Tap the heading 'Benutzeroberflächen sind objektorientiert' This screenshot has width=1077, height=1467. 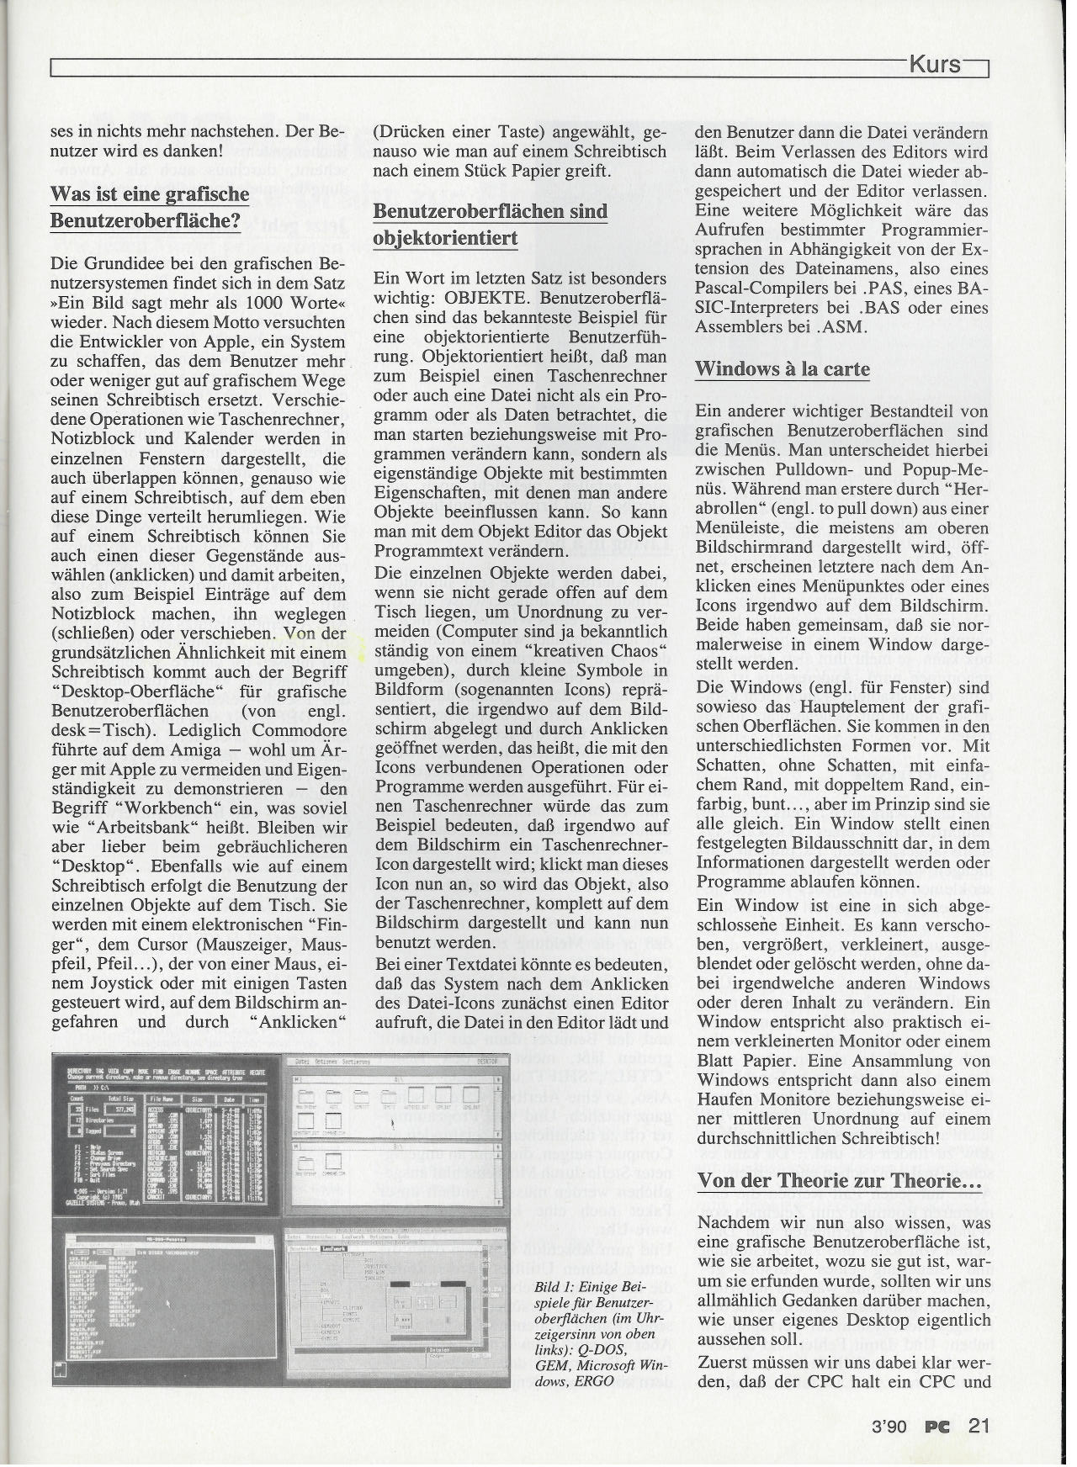(490, 225)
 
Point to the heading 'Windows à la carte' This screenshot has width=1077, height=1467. (782, 369)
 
